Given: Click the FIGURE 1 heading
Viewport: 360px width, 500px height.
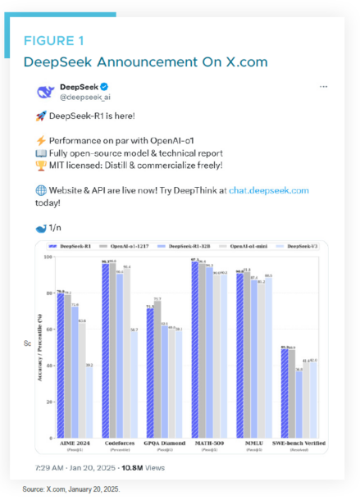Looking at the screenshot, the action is click(52, 41).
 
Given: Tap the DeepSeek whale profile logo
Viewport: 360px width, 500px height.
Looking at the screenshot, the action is click(46, 92).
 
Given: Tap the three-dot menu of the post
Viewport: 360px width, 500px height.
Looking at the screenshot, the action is click(323, 87).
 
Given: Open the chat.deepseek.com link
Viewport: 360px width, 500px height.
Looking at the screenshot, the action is click(267, 190).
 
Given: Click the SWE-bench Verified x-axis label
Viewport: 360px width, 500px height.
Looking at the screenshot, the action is click(303, 443).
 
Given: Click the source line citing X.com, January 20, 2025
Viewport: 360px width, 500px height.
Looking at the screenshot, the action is click(71, 489).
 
